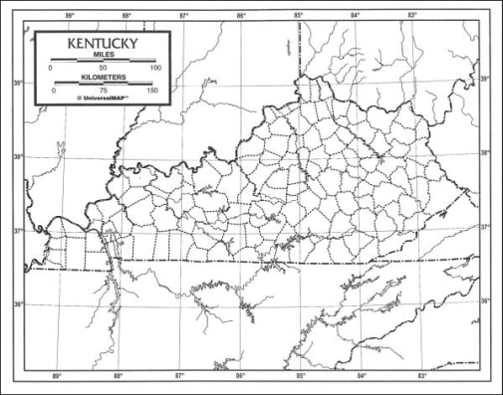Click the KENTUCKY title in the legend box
click(103, 46)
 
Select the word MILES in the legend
click(103, 57)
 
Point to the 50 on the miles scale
click(103, 68)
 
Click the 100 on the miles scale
click(154, 68)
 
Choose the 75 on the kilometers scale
click(103, 90)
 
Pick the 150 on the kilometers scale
click(152, 90)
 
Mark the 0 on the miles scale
click(51, 68)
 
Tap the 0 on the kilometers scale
click(54, 90)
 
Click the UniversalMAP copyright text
click(103, 99)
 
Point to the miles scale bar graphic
click(103, 62)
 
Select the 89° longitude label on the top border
click(69, 16)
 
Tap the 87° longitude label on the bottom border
click(180, 376)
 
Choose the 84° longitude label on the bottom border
click(362, 376)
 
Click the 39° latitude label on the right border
click(485, 79)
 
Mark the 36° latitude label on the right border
click(485, 300)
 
